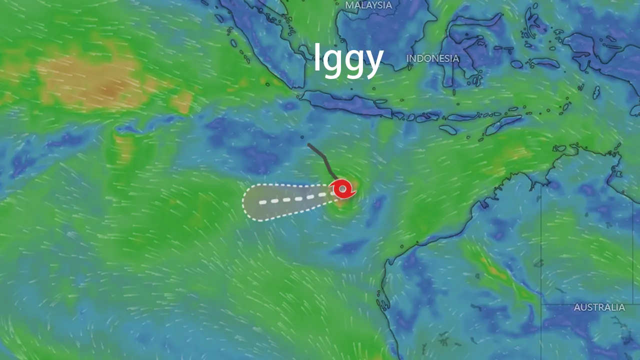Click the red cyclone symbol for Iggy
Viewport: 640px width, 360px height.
(342, 189)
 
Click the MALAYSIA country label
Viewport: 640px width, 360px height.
(368, 5)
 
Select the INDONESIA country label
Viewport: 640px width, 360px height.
(432, 58)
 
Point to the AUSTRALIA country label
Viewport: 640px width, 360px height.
(599, 307)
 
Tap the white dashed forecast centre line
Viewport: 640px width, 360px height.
(295, 199)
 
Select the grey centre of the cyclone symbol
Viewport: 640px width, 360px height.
(342, 189)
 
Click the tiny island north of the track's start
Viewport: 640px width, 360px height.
(302, 136)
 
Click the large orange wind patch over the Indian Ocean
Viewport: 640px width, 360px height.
(100, 82)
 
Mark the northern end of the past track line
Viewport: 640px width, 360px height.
(309, 145)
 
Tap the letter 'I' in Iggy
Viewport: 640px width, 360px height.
(317, 58)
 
